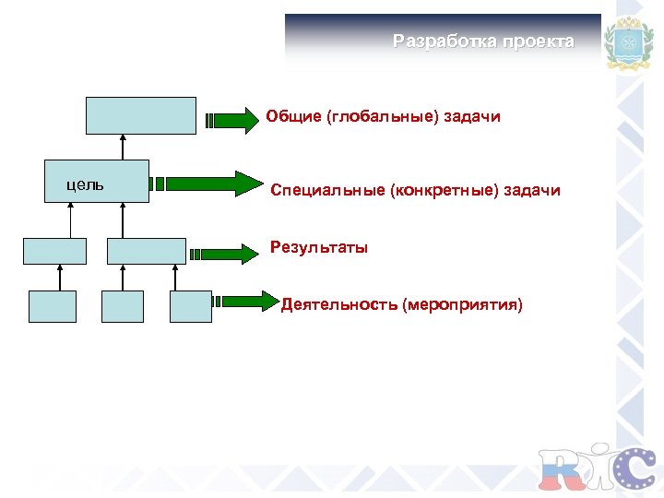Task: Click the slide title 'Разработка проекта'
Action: point(483,41)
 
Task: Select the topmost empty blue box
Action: point(141,115)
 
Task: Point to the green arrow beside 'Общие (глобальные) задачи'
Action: point(231,119)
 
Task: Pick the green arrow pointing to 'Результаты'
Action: point(223,251)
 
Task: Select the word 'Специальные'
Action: point(328,191)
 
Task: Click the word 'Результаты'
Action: point(319,247)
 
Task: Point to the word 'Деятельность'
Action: point(339,304)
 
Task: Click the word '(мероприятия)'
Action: point(462,304)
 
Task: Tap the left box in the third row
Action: point(54,251)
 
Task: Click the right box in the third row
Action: point(146,251)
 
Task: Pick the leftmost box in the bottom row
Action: point(53,306)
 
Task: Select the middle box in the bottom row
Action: point(123,306)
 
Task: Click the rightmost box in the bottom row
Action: point(191,306)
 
